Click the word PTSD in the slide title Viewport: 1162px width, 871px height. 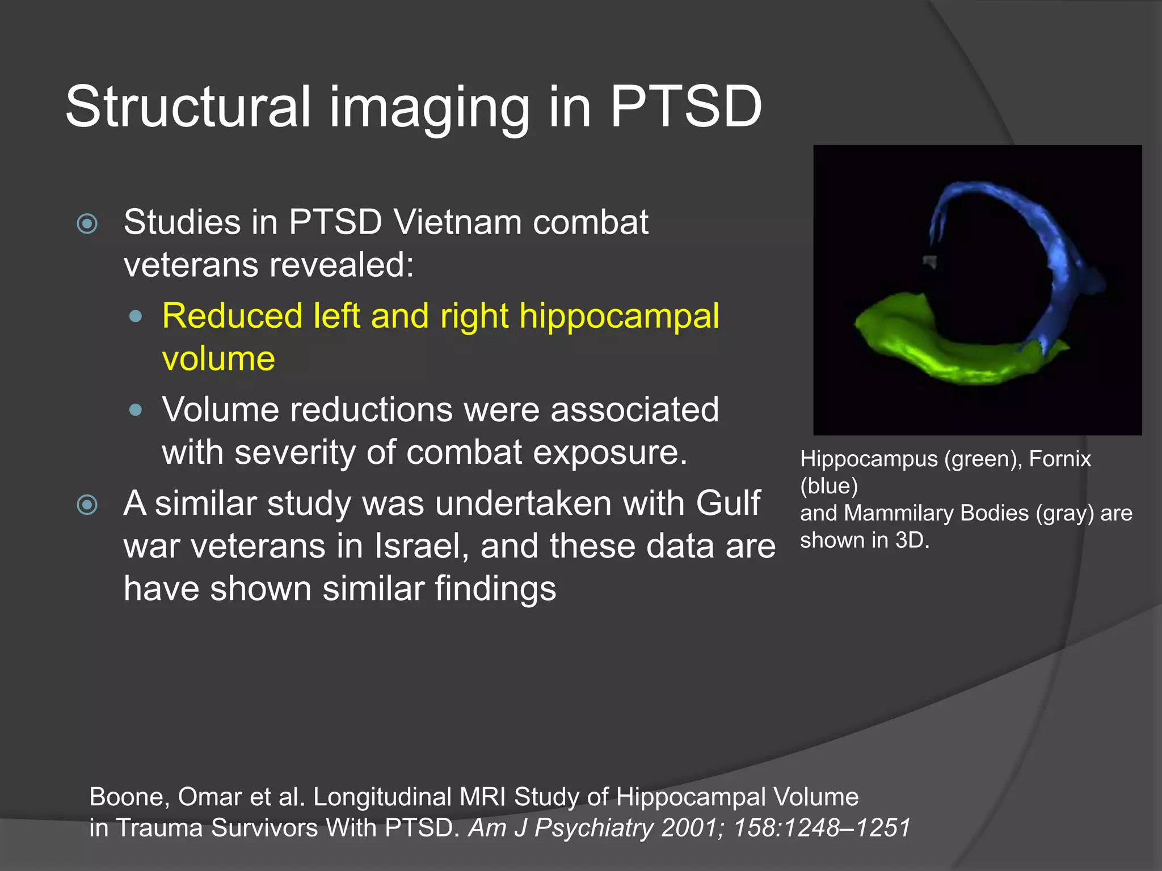[685, 107]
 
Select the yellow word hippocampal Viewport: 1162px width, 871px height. [619, 316]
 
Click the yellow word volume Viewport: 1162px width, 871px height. [218, 359]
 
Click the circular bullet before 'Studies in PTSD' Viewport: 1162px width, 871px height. [87, 223]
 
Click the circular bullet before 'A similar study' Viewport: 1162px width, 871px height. [87, 505]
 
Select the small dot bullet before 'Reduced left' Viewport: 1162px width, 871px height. [136, 316]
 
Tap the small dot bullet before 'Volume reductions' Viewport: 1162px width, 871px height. [136, 409]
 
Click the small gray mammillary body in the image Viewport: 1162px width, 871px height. [929, 261]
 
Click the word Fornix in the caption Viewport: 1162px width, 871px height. [1059, 459]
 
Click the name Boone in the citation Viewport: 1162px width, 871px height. [129, 797]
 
